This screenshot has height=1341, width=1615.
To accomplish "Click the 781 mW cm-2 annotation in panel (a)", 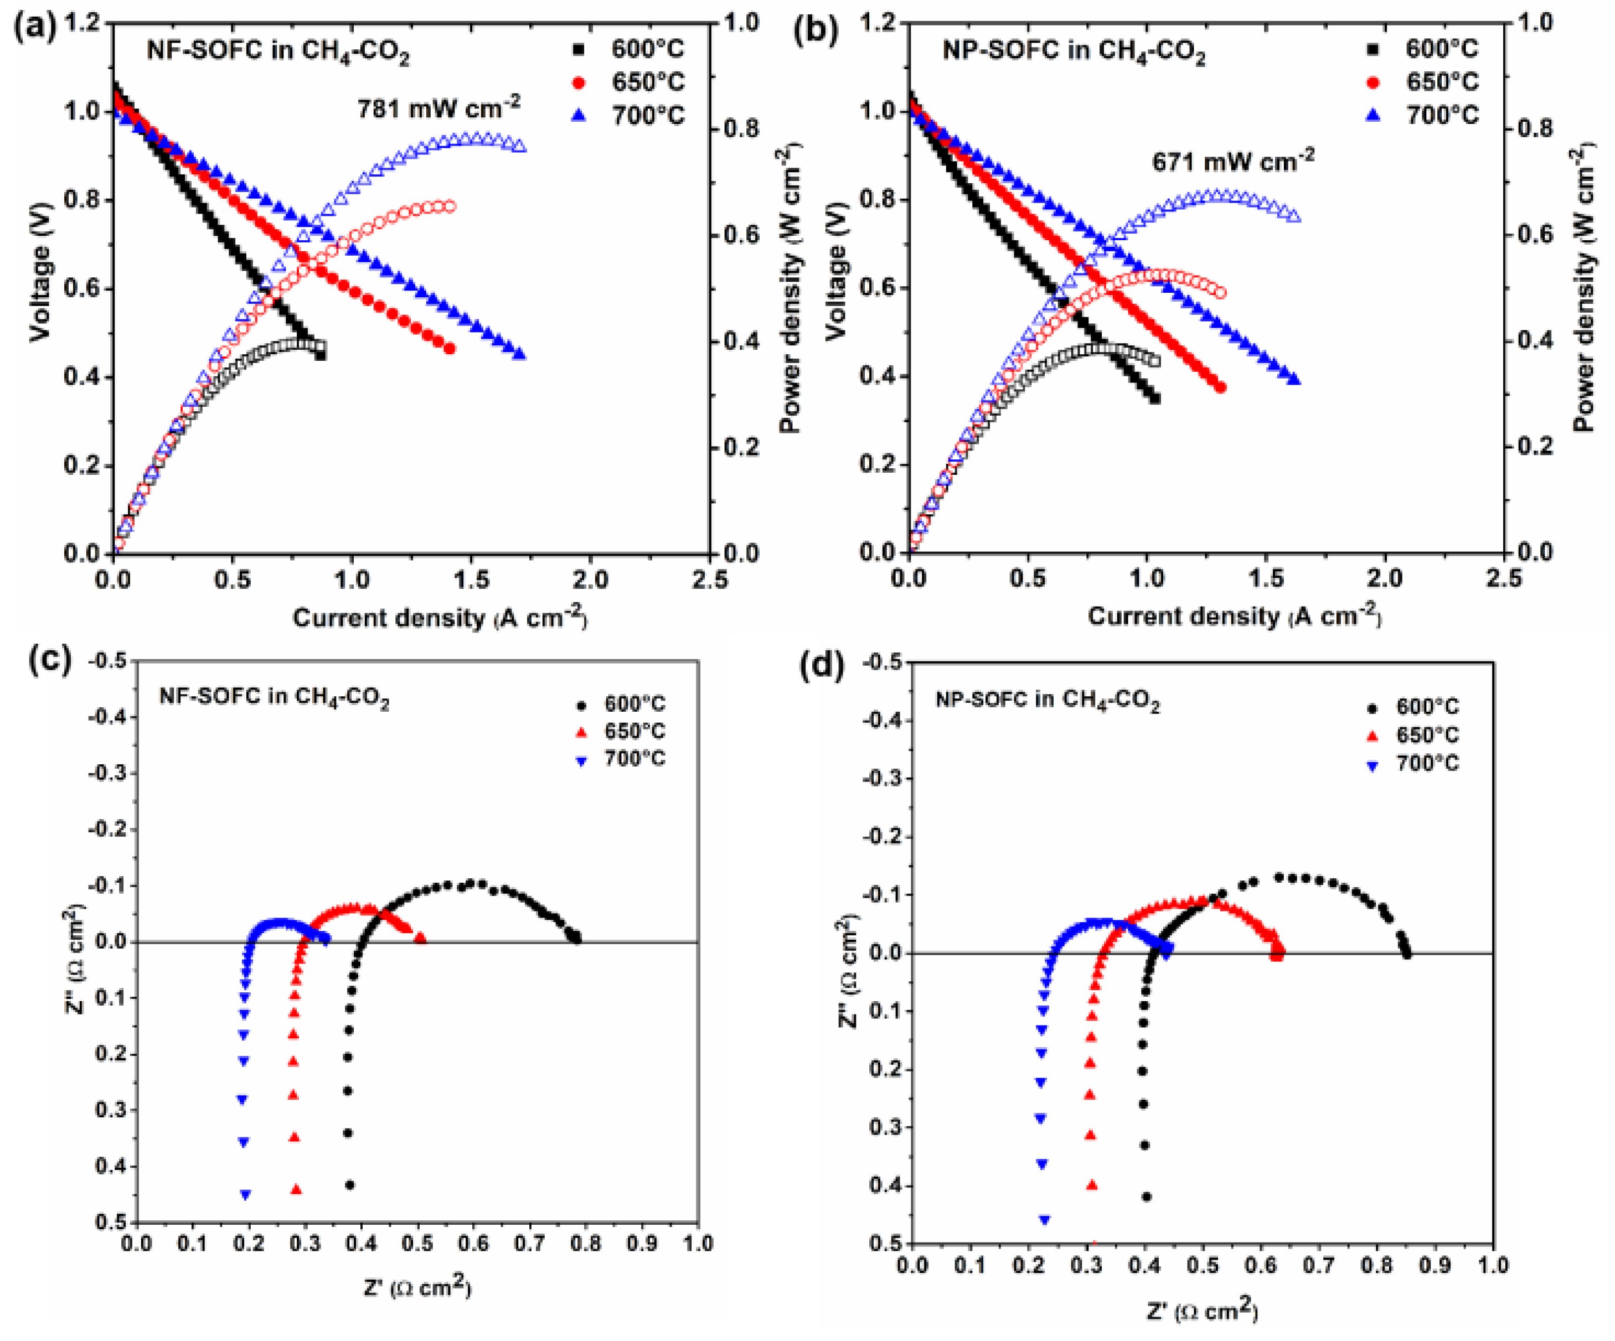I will point(438,108).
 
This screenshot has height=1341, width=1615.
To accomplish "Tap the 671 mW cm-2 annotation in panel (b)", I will point(1233,160).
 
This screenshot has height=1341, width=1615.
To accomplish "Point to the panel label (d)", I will point(822,666).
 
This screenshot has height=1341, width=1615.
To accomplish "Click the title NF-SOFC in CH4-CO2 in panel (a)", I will point(278,51).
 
